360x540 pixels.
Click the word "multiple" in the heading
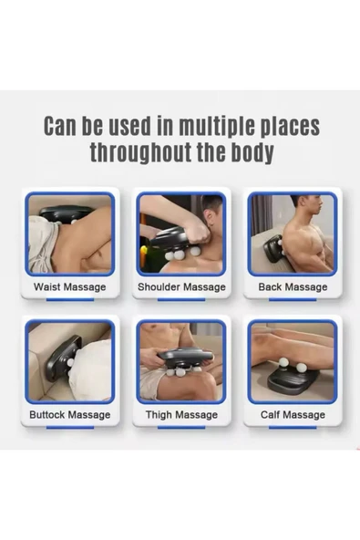[217, 126]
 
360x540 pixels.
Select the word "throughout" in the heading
[139, 152]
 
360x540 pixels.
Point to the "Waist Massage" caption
[70, 286]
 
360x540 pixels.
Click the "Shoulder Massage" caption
[181, 286]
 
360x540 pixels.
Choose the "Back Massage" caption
[293, 286]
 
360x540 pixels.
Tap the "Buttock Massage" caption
[70, 414]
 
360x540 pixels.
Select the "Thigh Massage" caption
[181, 414]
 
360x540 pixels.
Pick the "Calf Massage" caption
[293, 414]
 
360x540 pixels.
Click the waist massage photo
[70, 234]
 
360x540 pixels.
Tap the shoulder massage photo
[181, 234]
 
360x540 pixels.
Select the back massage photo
[293, 234]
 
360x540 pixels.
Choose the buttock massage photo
[70, 361]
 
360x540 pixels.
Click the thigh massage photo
[181, 361]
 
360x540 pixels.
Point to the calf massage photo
[293, 361]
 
